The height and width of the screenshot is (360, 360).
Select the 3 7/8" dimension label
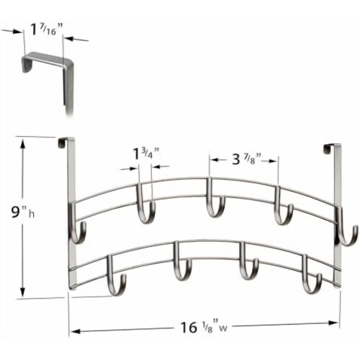point(246,159)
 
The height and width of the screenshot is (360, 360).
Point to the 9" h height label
point(23,212)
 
